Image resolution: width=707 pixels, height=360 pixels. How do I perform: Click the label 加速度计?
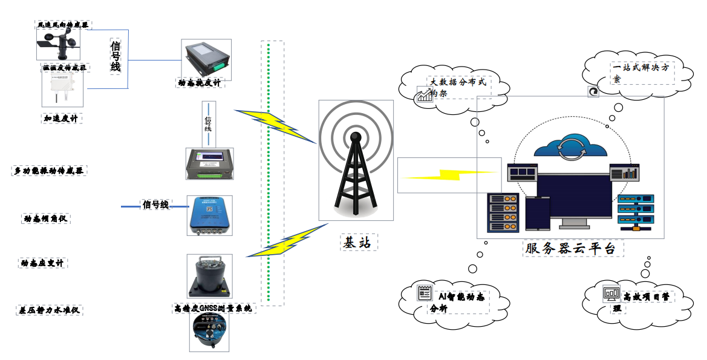click(x=60, y=119)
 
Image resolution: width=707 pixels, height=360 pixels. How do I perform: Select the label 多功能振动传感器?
click(x=50, y=171)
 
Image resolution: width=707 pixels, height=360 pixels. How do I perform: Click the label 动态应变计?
click(x=42, y=263)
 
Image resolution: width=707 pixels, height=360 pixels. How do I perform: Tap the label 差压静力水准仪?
click(x=48, y=311)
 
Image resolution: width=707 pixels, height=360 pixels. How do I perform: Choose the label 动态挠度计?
click(x=200, y=83)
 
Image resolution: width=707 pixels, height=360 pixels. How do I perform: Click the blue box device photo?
click(x=209, y=215)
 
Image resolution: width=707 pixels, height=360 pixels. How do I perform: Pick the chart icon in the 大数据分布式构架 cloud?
click(x=425, y=95)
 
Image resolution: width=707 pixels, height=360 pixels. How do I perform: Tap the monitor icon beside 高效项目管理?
click(x=611, y=294)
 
